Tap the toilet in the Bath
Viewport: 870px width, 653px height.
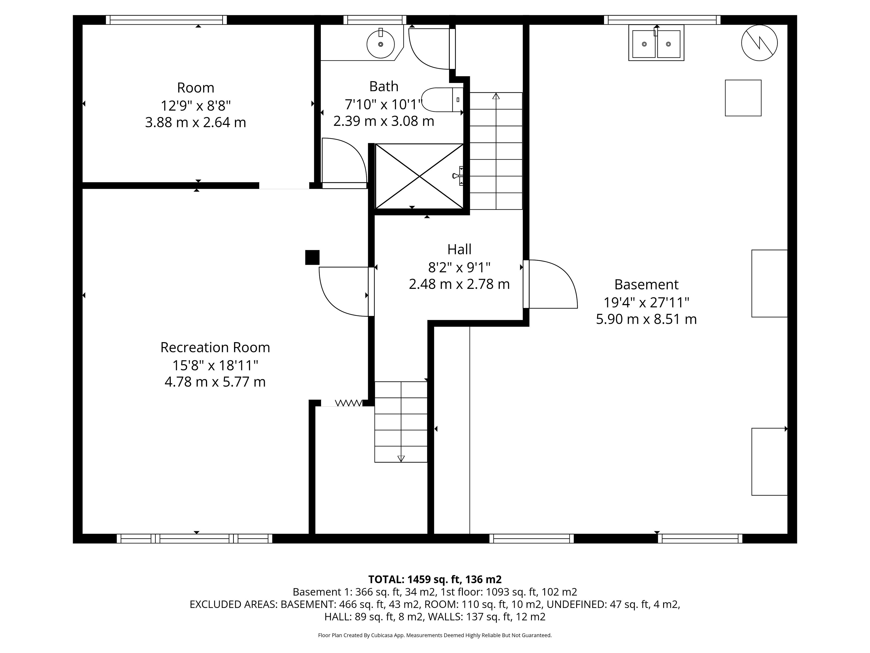(x=442, y=100)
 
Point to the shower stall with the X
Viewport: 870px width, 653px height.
(x=419, y=176)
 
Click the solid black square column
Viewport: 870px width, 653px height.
(x=312, y=257)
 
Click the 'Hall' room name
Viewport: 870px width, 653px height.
(x=459, y=249)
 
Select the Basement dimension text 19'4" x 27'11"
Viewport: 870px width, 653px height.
(x=646, y=302)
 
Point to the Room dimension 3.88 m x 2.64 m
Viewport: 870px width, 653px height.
(x=196, y=122)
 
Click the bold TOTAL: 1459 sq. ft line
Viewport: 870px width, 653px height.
(x=435, y=579)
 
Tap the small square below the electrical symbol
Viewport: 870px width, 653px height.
(x=743, y=98)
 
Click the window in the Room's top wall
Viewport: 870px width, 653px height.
(x=166, y=20)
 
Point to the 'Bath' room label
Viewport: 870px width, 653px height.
(x=384, y=86)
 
